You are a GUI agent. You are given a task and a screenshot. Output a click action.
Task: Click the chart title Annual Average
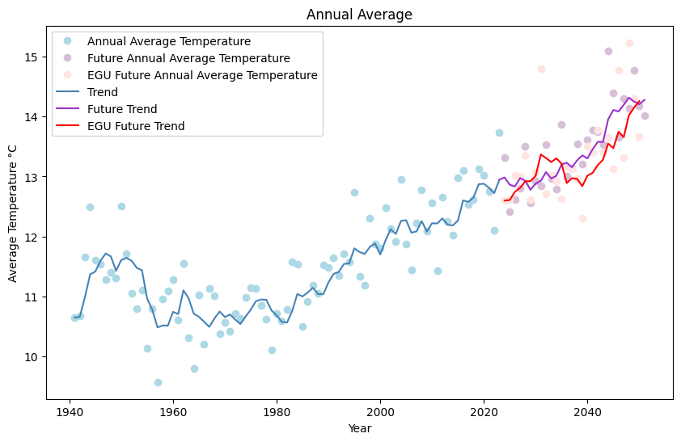359,15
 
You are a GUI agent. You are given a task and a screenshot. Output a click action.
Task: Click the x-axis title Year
359,428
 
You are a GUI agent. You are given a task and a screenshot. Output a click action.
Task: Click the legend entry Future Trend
122,109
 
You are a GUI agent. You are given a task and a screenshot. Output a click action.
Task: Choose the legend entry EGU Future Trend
135,126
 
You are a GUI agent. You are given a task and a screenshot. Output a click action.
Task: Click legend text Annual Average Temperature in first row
168,41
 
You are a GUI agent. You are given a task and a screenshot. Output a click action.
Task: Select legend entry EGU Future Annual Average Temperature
202,75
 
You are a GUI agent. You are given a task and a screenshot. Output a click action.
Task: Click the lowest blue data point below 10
158,382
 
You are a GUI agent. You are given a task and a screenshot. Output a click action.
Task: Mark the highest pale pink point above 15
629,43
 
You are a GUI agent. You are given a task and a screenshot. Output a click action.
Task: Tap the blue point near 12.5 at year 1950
121,206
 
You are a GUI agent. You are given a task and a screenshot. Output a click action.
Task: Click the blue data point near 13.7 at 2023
499,133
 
